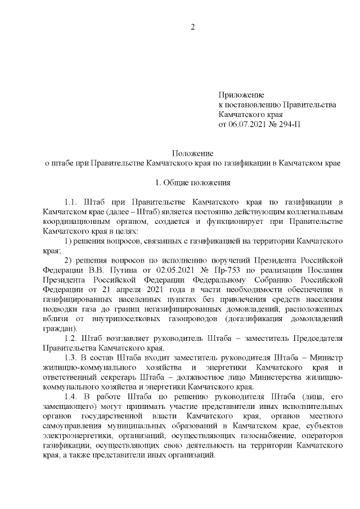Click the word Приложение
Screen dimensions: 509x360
241,95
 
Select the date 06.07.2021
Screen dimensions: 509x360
247,124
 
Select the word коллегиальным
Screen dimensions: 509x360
312,211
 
